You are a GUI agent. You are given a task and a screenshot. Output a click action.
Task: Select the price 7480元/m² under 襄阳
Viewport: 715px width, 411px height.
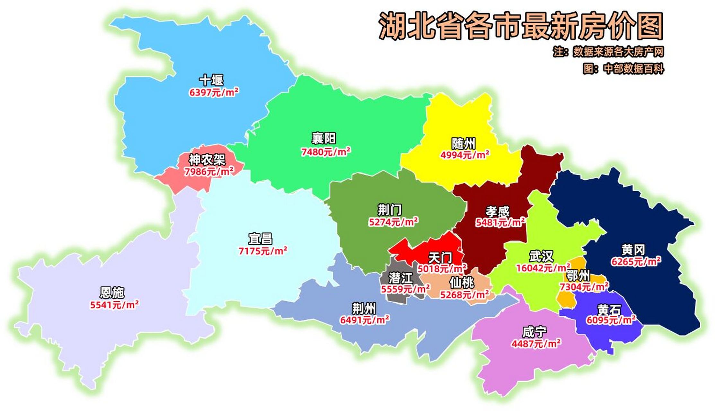point(325,152)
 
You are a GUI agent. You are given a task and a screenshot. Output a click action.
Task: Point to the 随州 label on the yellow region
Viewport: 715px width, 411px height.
point(463,144)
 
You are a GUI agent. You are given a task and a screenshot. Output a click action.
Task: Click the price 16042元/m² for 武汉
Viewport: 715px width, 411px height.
point(543,268)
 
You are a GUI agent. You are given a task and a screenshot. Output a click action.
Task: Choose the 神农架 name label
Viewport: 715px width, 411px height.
point(207,160)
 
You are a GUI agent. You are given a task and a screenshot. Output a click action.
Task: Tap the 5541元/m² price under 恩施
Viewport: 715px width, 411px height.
point(114,305)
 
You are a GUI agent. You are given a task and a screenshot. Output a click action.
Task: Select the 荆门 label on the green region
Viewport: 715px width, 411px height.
point(389,210)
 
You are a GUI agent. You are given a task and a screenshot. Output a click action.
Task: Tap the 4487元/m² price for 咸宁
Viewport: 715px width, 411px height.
point(536,344)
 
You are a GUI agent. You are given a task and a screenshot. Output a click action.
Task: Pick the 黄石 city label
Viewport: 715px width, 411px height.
point(609,310)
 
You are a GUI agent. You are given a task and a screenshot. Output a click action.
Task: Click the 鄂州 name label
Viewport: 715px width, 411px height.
point(578,275)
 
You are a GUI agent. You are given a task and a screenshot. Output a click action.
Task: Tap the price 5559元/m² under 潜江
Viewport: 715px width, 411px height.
point(405,289)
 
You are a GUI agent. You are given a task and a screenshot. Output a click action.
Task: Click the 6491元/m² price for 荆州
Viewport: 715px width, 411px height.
point(365,320)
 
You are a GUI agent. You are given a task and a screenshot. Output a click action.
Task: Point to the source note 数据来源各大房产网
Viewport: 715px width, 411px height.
point(618,52)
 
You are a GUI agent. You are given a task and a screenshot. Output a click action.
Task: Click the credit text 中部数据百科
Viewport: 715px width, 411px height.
point(633,69)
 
